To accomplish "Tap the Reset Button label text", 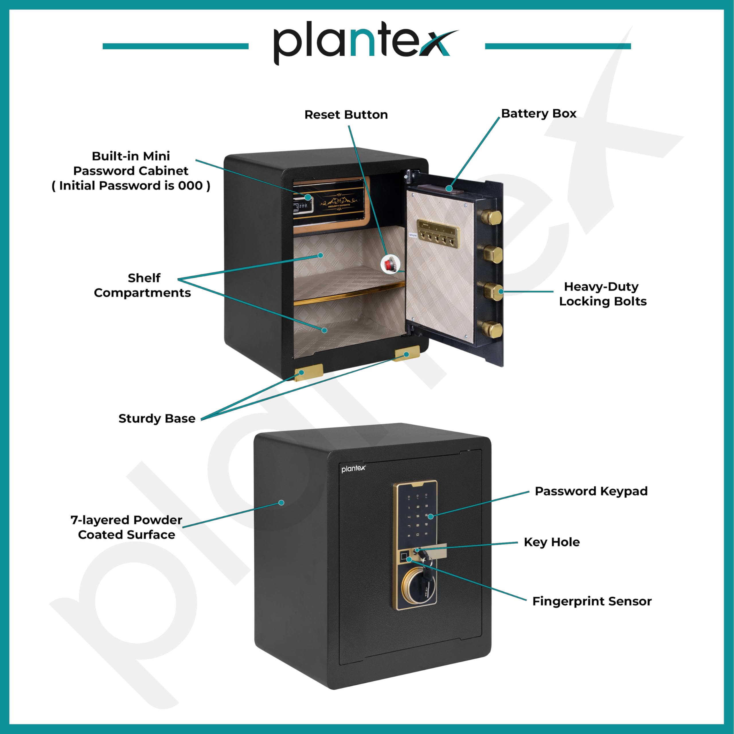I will [x=346, y=115].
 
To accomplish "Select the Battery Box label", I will [x=538, y=114].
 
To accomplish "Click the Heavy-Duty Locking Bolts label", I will [x=603, y=294].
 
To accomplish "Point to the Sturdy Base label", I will [x=157, y=419].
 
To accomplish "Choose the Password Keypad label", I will [x=591, y=491].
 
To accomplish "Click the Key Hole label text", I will [x=552, y=542].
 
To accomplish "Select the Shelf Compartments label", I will [x=142, y=285].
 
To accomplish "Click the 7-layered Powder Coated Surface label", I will [x=126, y=527].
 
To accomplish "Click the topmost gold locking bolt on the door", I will [x=492, y=217].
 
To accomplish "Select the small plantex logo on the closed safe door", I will [x=353, y=469].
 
